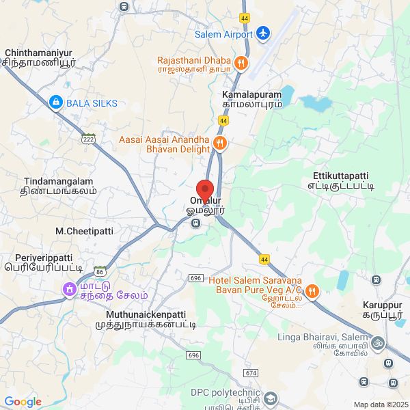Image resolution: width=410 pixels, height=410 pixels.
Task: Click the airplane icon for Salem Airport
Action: point(263,33)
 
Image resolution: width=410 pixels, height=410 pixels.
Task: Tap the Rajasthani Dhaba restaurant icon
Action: point(241,64)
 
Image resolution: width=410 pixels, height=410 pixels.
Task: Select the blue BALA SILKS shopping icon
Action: point(55,103)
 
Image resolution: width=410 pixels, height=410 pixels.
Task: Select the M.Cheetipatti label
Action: point(85,232)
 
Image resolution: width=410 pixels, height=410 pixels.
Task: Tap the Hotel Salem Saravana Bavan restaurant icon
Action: point(312,292)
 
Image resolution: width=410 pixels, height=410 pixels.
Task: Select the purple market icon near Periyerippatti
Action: point(69,290)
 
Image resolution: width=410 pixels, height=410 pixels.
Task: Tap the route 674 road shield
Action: point(251,373)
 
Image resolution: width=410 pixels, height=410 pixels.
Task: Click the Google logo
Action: point(23,402)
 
